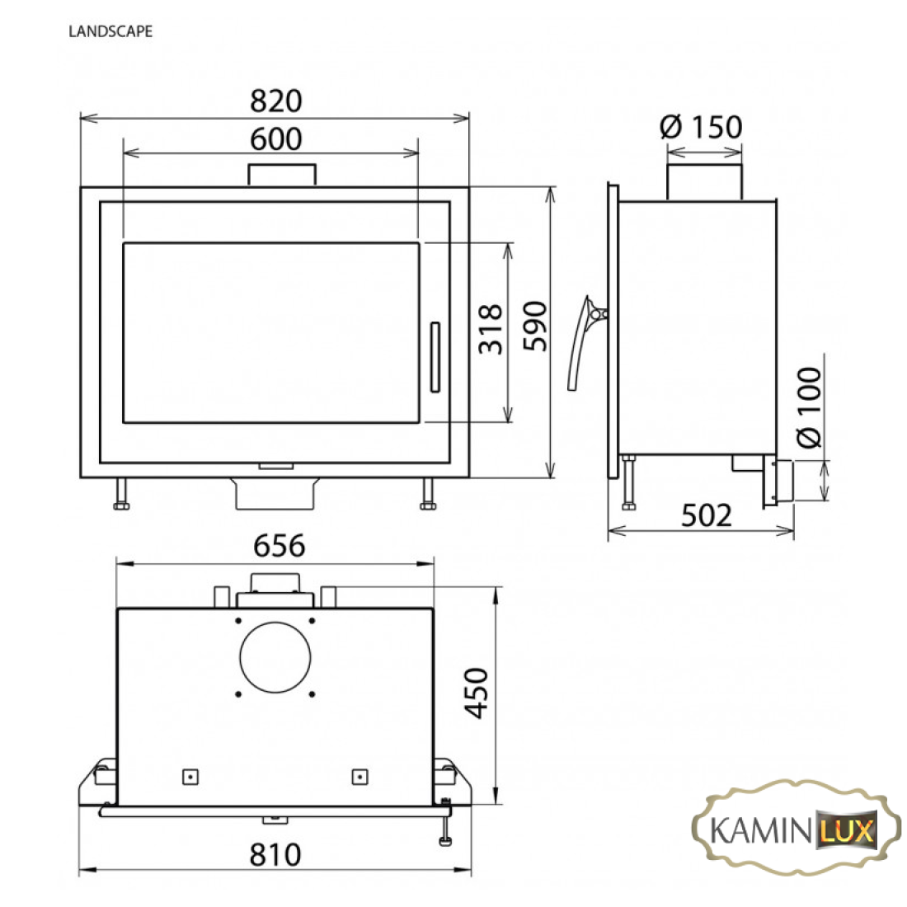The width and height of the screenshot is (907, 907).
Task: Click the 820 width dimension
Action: coord(275,101)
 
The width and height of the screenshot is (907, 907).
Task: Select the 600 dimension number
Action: coord(275,139)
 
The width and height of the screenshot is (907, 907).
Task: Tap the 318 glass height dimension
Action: coord(491,328)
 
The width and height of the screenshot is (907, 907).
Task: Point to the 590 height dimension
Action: coord(534,326)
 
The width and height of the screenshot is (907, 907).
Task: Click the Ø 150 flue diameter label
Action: coord(701,127)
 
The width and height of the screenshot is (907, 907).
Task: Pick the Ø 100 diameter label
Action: coord(809,407)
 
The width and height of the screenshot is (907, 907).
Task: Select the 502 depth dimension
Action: coord(707,515)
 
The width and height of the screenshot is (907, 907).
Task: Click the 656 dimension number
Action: coord(279,546)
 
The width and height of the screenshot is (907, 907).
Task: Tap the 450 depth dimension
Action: coord(477,693)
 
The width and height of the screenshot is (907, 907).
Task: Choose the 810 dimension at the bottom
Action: coord(275,855)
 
